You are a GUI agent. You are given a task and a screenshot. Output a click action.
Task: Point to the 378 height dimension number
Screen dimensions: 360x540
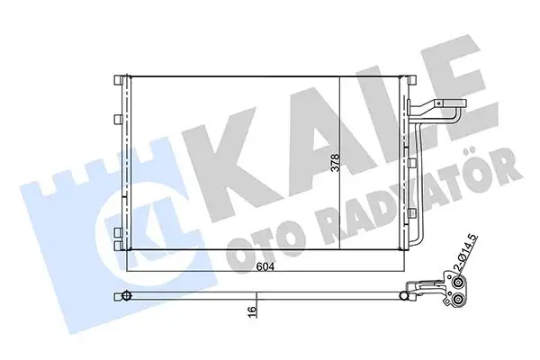click(335, 164)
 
